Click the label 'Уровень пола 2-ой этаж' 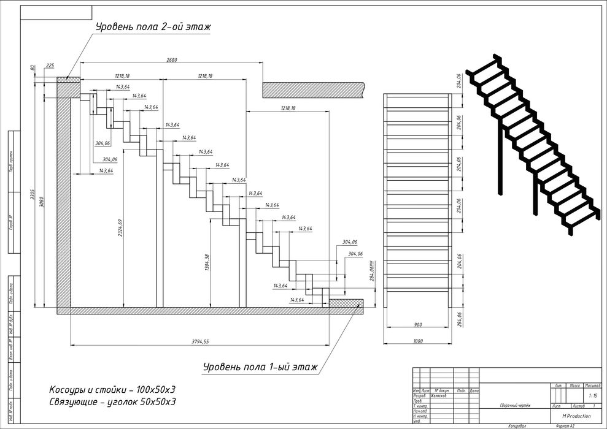point(153,27)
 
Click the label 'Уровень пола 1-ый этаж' point(260,367)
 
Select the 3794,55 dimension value point(200,341)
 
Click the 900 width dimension point(417,325)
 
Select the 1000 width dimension point(417,340)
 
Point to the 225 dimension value point(50,64)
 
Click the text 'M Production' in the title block point(571,416)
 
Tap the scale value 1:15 point(592,396)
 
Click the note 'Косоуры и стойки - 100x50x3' point(112,390)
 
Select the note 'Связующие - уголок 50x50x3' point(112,402)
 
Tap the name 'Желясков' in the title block point(440,396)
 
